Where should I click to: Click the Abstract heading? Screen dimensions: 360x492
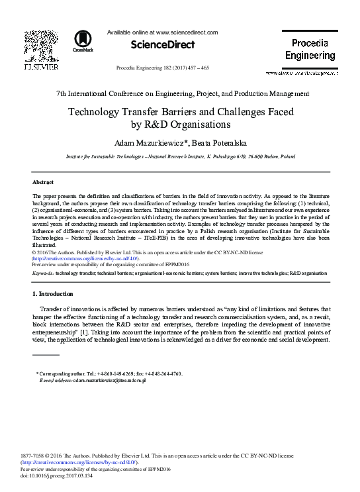[x=44, y=181]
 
